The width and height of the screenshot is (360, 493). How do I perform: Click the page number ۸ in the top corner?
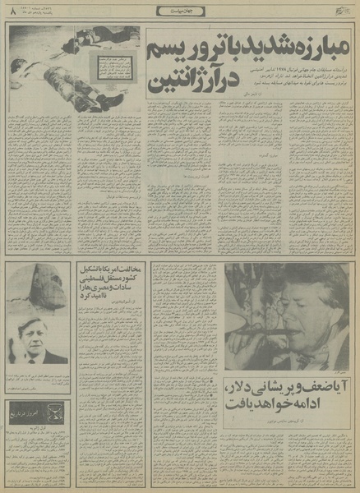[12, 11]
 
